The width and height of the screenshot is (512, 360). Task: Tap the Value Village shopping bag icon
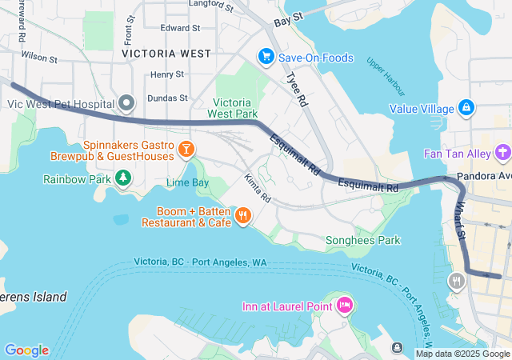tap(466, 108)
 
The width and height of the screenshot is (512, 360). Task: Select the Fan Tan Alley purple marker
tap(502, 151)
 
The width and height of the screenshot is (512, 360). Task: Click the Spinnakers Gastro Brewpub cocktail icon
tap(186, 149)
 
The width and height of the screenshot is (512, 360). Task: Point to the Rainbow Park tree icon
tap(122, 178)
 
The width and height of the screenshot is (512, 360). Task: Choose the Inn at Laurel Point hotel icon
tap(345, 305)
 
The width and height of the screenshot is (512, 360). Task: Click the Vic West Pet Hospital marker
tap(126, 103)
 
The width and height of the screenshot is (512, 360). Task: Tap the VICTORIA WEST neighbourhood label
tap(166, 54)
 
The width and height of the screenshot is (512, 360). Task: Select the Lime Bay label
tap(187, 182)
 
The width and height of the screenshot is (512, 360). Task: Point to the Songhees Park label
tap(362, 240)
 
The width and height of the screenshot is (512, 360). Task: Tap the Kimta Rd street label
tap(258, 187)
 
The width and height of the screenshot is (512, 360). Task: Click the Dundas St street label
tap(169, 98)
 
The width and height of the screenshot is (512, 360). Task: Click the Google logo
tap(26, 350)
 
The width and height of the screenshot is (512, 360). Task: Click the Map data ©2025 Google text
tap(462, 354)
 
